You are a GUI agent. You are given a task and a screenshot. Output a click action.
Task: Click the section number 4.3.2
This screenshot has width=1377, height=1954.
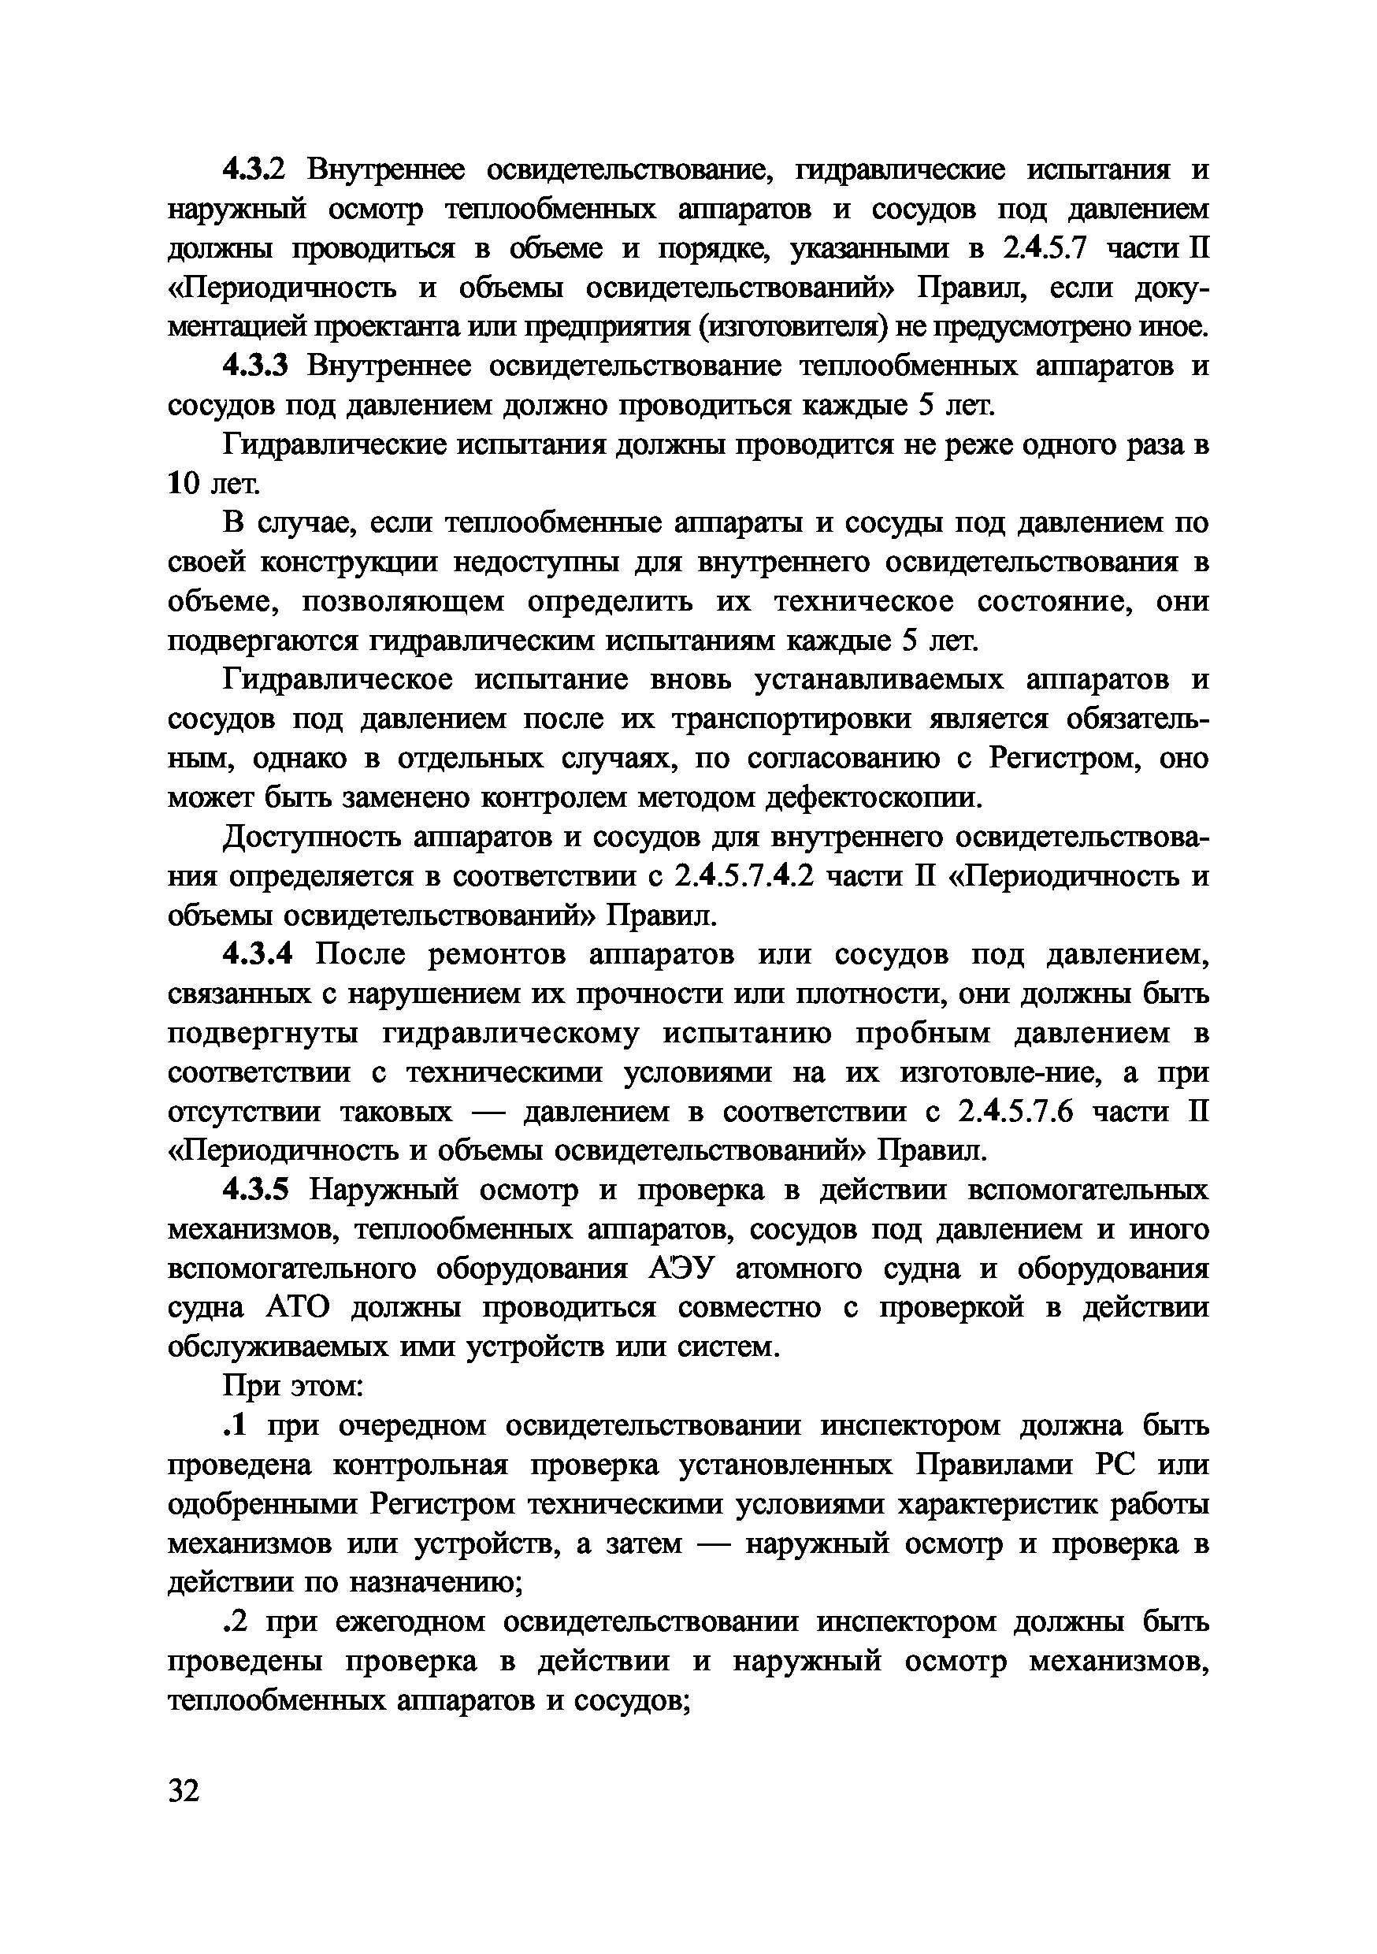(256, 170)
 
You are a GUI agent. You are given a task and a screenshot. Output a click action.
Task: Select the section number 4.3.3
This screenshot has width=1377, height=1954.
(256, 366)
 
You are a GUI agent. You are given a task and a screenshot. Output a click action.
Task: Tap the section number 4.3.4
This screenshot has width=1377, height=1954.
(258, 955)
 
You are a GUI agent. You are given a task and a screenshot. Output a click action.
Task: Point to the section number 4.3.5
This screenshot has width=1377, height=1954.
(256, 1190)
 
